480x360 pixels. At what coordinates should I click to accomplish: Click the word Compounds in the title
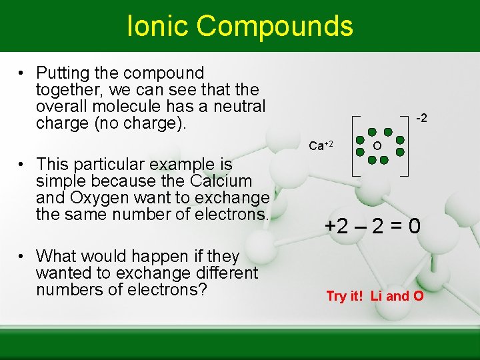tap(275, 26)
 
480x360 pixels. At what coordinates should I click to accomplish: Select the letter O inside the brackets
tap(377, 146)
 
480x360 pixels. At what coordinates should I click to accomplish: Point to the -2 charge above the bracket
tap(421, 119)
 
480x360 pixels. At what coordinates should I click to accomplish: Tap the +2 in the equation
tap(336, 227)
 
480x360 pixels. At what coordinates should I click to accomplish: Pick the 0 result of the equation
tap(414, 227)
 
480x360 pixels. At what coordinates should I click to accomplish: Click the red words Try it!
tap(345, 296)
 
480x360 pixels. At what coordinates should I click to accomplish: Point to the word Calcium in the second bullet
tap(221, 181)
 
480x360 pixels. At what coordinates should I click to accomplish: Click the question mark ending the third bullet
tap(207, 290)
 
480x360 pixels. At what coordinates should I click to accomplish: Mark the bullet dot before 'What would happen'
tap(22, 257)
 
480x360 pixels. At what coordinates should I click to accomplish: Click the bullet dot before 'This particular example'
tap(22, 164)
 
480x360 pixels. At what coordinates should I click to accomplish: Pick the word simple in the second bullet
tap(59, 181)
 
